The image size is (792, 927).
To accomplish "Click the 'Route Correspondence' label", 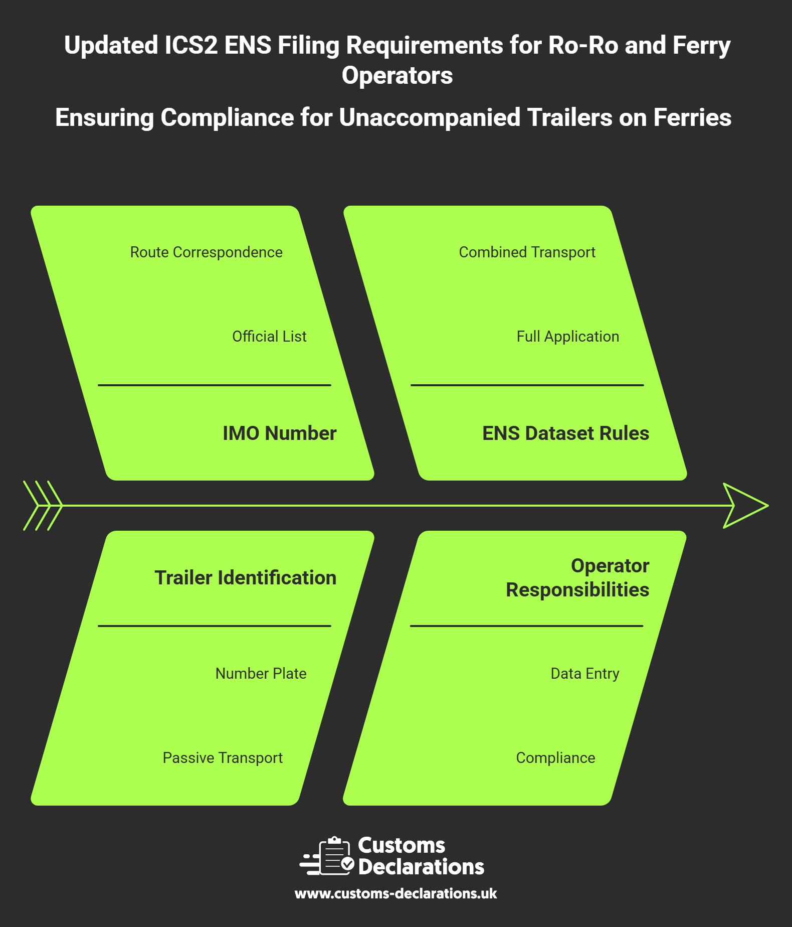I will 206,252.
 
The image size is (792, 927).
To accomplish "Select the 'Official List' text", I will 269,336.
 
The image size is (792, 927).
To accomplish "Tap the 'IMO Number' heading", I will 279,433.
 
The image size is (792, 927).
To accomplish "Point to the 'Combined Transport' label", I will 527,252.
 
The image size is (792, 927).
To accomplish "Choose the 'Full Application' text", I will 567,336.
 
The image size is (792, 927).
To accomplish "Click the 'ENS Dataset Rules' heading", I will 565,433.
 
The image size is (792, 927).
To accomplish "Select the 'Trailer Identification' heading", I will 245,577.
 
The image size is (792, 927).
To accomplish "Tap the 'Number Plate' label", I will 261,673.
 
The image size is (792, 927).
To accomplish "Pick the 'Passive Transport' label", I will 223,757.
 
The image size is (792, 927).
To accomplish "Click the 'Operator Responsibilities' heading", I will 577,577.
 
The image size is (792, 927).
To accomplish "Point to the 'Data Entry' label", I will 584,673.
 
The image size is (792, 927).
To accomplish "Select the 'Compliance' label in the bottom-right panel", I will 555,757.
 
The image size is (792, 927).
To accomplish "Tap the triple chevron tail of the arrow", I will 43,506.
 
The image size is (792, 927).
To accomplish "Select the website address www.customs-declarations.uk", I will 395,893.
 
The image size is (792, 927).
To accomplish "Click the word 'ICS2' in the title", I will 191,45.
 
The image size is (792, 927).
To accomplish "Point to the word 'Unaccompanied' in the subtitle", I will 430,117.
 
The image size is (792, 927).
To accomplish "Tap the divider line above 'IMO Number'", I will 215,385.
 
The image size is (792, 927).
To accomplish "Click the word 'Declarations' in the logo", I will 421,867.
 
